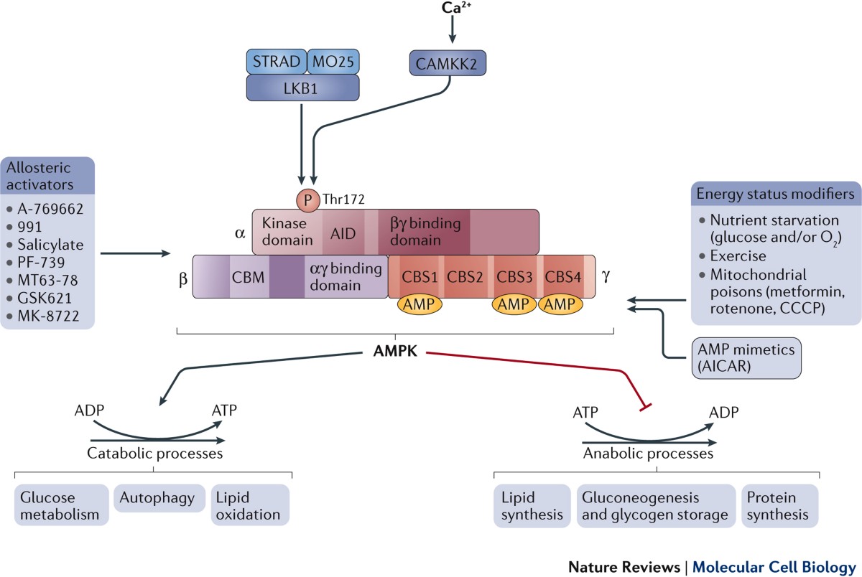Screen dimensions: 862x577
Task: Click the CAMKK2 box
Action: (448, 63)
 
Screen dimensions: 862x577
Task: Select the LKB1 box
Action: (303, 88)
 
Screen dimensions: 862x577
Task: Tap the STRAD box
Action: (277, 62)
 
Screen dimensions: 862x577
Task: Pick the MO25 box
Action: (333, 62)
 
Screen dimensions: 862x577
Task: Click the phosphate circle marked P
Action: (308, 200)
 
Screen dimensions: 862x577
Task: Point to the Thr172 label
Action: (343, 199)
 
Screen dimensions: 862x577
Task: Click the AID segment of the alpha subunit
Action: (343, 232)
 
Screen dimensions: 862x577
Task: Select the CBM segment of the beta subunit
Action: (249, 276)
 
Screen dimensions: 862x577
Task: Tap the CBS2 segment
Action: (465, 276)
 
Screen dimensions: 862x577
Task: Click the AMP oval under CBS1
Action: (420, 304)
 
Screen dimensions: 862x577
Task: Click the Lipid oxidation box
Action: (250, 505)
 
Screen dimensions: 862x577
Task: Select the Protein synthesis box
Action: (779, 505)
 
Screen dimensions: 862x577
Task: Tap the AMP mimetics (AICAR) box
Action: (746, 358)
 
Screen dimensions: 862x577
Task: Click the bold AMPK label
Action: (395, 351)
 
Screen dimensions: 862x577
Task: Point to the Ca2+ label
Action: (456, 8)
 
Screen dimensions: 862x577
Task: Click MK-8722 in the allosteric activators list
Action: (48, 316)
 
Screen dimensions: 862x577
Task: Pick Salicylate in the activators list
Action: (50, 245)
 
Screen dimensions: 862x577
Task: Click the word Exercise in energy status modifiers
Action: (738, 256)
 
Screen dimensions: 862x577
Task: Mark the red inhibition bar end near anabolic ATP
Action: (645, 408)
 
